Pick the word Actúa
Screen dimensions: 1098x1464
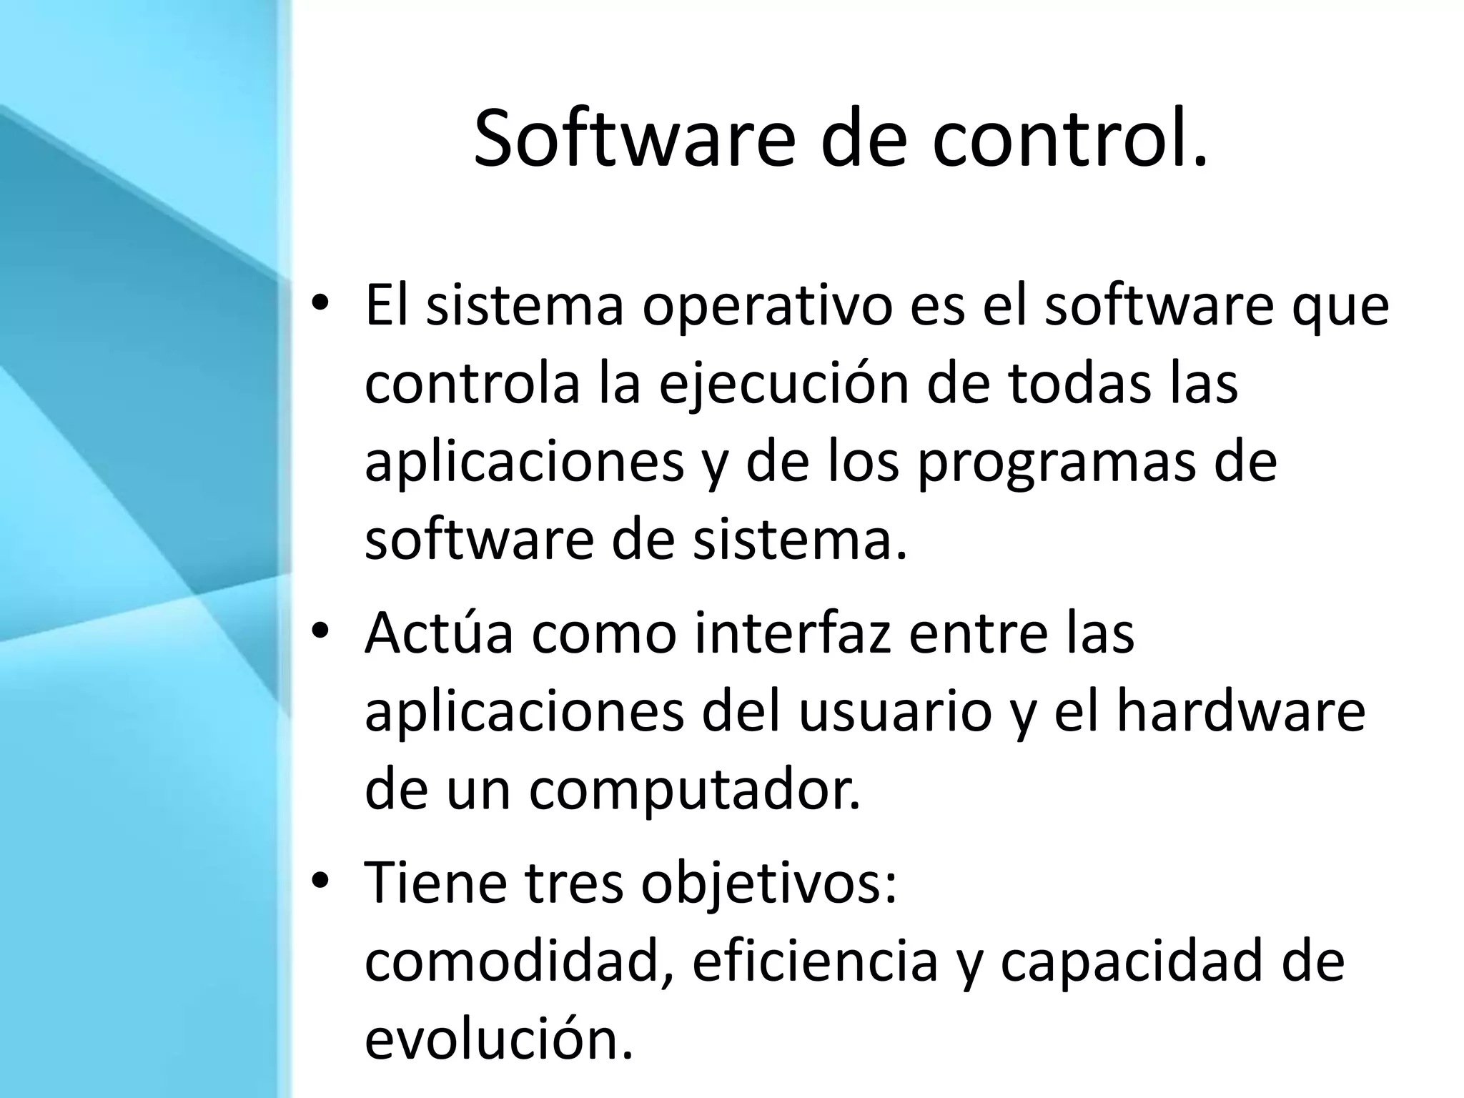coord(439,633)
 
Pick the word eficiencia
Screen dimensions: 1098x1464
coord(815,962)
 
